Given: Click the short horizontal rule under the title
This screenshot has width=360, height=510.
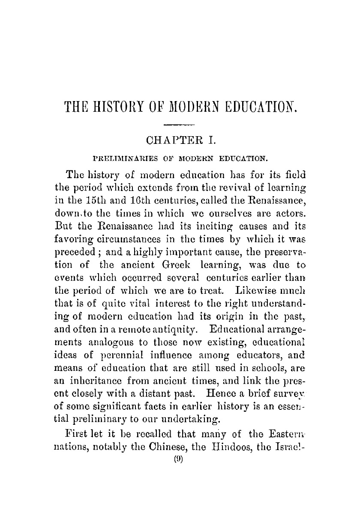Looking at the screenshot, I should click(x=180, y=124).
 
